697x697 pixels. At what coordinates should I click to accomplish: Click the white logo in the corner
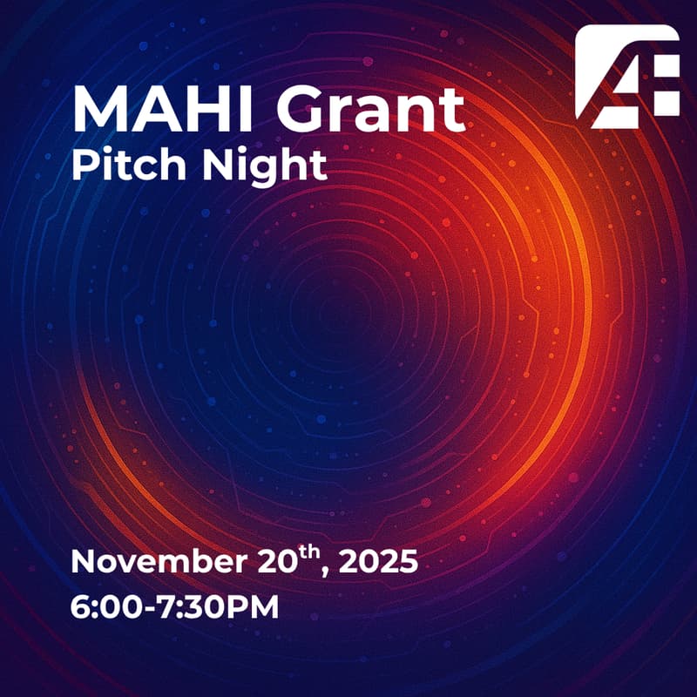tap(627, 77)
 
